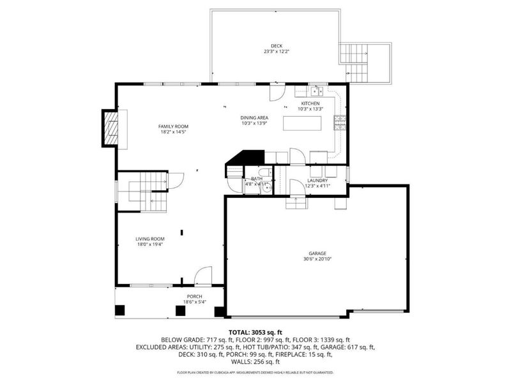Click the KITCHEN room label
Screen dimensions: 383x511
[x=310, y=103]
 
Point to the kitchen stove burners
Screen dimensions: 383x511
[x=341, y=123]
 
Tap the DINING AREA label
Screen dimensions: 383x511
[x=254, y=117]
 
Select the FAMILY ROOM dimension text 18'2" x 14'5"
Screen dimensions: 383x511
[x=174, y=132]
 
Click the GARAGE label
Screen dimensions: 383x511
[x=317, y=253]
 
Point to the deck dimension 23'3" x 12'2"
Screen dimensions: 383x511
[x=277, y=52]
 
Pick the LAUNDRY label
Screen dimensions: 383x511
[x=317, y=181]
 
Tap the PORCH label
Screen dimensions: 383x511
[x=194, y=297]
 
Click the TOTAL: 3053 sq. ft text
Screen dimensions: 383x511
[x=256, y=333]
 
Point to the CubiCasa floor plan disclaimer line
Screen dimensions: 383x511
[x=256, y=372]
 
